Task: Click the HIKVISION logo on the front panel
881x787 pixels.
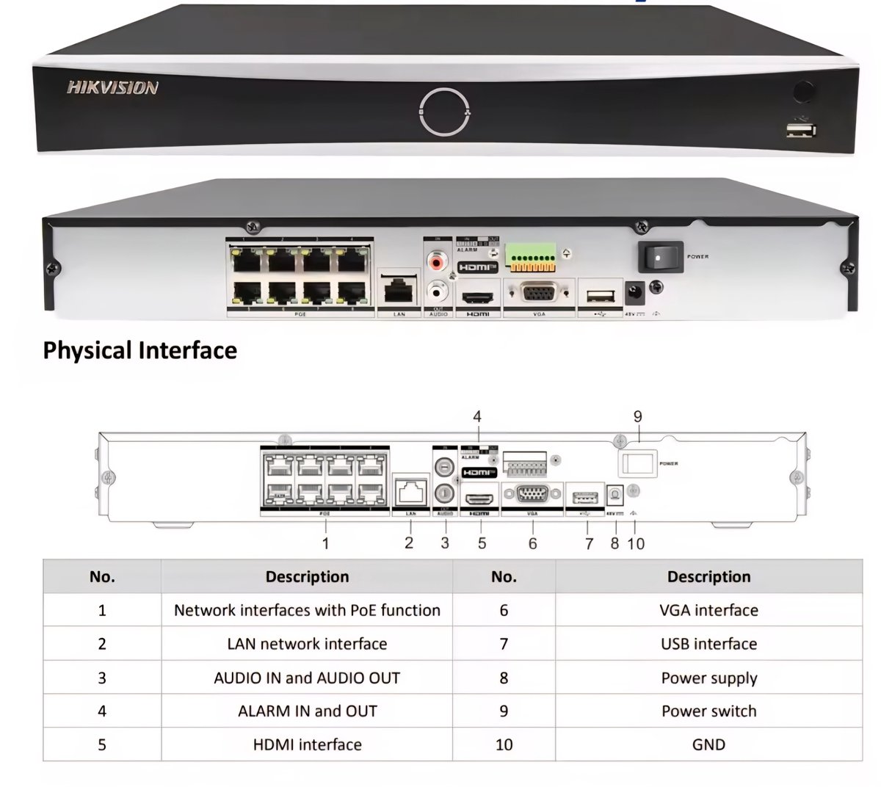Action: pos(112,88)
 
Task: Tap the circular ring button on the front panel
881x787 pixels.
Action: pos(443,112)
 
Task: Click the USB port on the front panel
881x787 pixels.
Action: pos(800,131)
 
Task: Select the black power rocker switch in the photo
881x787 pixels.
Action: pos(660,257)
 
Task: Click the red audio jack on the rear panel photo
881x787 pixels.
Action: pos(438,260)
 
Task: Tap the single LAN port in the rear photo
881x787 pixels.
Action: pos(398,291)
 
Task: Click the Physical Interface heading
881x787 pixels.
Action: pos(139,350)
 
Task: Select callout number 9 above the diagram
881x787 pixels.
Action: pos(637,417)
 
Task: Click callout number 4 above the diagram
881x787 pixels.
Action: pos(477,417)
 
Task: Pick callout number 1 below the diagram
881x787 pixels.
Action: pos(325,543)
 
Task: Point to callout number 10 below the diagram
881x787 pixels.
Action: pos(636,543)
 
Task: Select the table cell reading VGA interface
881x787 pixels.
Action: pos(708,610)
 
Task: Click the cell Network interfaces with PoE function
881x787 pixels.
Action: pos(307,610)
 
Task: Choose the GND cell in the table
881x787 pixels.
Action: pos(708,744)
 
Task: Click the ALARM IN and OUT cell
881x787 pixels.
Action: pos(307,711)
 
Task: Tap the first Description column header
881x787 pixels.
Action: pos(307,576)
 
